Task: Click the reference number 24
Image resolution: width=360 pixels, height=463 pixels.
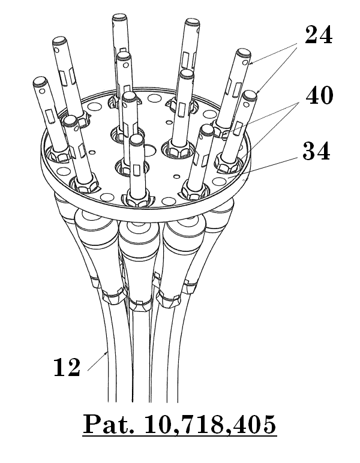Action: (319, 35)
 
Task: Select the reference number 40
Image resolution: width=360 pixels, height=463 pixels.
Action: (319, 96)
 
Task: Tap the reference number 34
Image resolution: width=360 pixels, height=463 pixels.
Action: (316, 151)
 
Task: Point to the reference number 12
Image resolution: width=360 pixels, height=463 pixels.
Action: (67, 367)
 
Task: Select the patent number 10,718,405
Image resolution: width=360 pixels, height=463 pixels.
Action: (210, 425)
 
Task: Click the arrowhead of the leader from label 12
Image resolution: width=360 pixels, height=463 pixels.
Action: (106, 353)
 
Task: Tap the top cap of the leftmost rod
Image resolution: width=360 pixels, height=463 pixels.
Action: (40, 80)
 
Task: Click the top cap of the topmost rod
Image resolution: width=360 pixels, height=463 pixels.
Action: (119, 17)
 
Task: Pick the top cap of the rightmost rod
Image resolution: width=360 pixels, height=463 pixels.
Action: (250, 95)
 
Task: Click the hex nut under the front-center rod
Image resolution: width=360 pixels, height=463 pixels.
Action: (137, 200)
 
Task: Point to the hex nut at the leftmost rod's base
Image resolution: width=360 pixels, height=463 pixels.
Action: (60, 154)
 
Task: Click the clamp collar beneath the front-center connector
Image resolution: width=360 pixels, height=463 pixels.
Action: (140, 306)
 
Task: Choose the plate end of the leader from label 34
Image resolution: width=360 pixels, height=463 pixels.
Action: (228, 178)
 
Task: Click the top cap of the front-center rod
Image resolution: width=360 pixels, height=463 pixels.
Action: (136, 139)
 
